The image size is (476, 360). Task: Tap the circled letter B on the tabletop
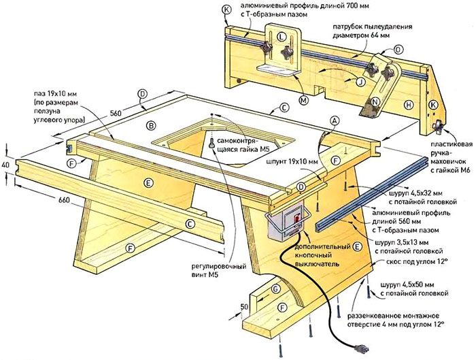[x=152, y=125]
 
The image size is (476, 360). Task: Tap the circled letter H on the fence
[x=407, y=105]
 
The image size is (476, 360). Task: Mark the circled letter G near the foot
[x=276, y=289]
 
